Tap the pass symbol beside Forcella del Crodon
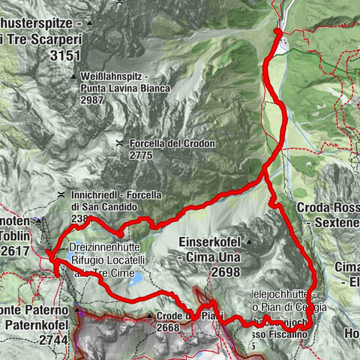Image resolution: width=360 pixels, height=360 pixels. coord(120,142)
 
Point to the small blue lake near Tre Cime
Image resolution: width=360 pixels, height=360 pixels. coord(138,280)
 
